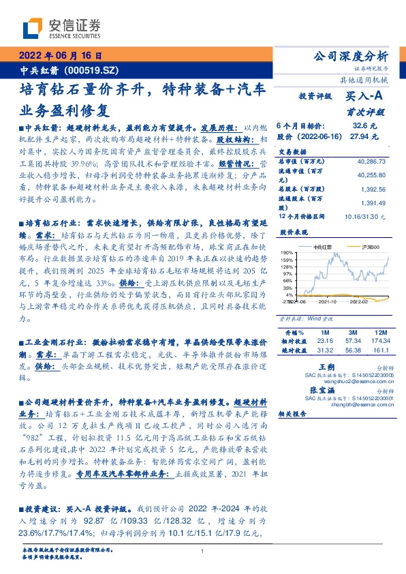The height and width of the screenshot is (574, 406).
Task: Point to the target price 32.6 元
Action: click(x=360, y=126)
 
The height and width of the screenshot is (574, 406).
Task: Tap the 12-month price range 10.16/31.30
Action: click(x=365, y=215)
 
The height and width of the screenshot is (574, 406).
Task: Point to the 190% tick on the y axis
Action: click(x=287, y=252)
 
